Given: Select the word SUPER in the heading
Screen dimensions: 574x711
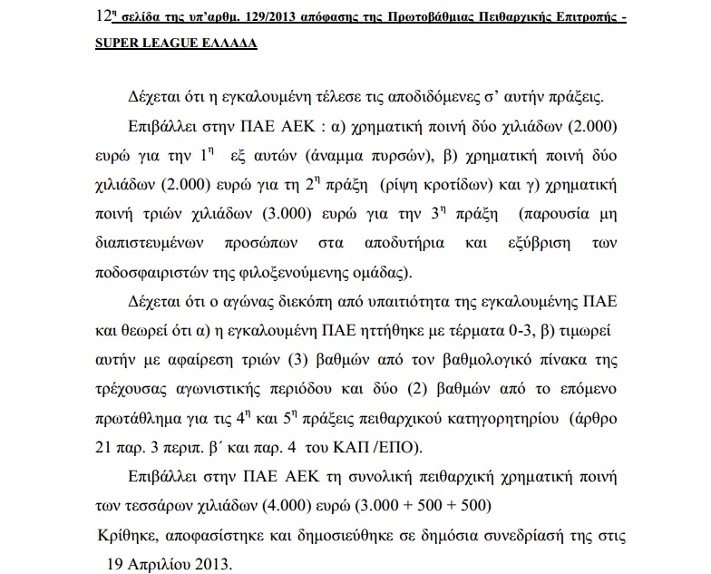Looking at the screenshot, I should tap(120, 43).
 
